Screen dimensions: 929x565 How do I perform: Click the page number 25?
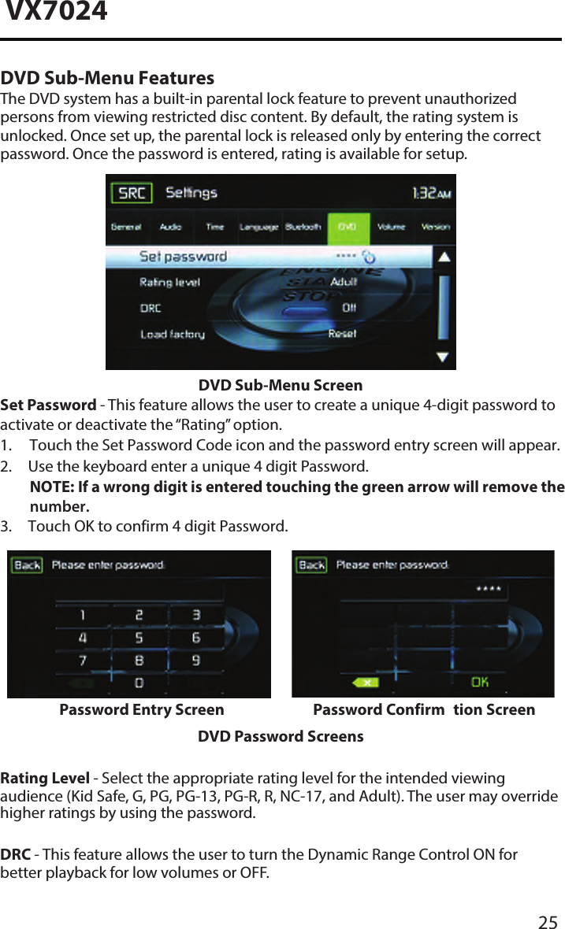548,923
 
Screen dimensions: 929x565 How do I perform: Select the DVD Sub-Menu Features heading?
107,79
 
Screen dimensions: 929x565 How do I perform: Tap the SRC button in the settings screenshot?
132,193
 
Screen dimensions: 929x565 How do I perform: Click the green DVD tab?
347,227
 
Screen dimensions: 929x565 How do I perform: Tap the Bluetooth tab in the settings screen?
303,227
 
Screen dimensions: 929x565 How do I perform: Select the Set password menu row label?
183,257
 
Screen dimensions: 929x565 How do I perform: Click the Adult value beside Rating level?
343,282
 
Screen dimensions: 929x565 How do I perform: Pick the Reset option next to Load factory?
342,334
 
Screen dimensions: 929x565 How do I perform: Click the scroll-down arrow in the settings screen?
444,357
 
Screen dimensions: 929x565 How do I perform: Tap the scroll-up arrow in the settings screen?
444,257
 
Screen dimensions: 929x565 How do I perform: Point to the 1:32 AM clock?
432,193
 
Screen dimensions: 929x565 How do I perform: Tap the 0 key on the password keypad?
139,681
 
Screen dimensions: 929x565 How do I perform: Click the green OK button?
479,682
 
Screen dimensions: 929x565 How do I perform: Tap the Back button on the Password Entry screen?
28,565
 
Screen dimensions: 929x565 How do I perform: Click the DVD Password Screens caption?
281,737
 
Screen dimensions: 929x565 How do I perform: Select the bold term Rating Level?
45,779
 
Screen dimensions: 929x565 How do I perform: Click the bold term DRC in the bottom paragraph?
16,854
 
